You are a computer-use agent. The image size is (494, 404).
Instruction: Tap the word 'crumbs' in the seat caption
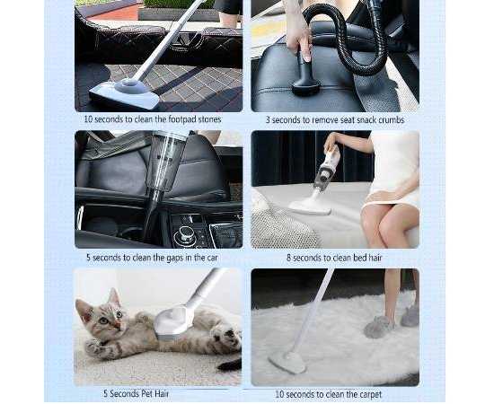point(390,120)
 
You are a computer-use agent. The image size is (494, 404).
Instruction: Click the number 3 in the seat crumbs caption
point(268,120)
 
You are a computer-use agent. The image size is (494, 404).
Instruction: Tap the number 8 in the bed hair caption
point(288,258)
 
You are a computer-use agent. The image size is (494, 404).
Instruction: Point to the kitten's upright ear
point(113,296)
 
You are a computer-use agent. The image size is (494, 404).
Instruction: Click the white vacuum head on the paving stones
point(124,93)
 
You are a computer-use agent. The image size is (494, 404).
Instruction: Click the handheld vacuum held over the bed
point(327,170)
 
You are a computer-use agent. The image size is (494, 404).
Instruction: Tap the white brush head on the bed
point(310,206)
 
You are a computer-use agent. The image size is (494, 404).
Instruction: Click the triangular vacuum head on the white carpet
point(287,362)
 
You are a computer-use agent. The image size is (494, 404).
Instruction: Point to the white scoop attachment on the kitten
point(172,321)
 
